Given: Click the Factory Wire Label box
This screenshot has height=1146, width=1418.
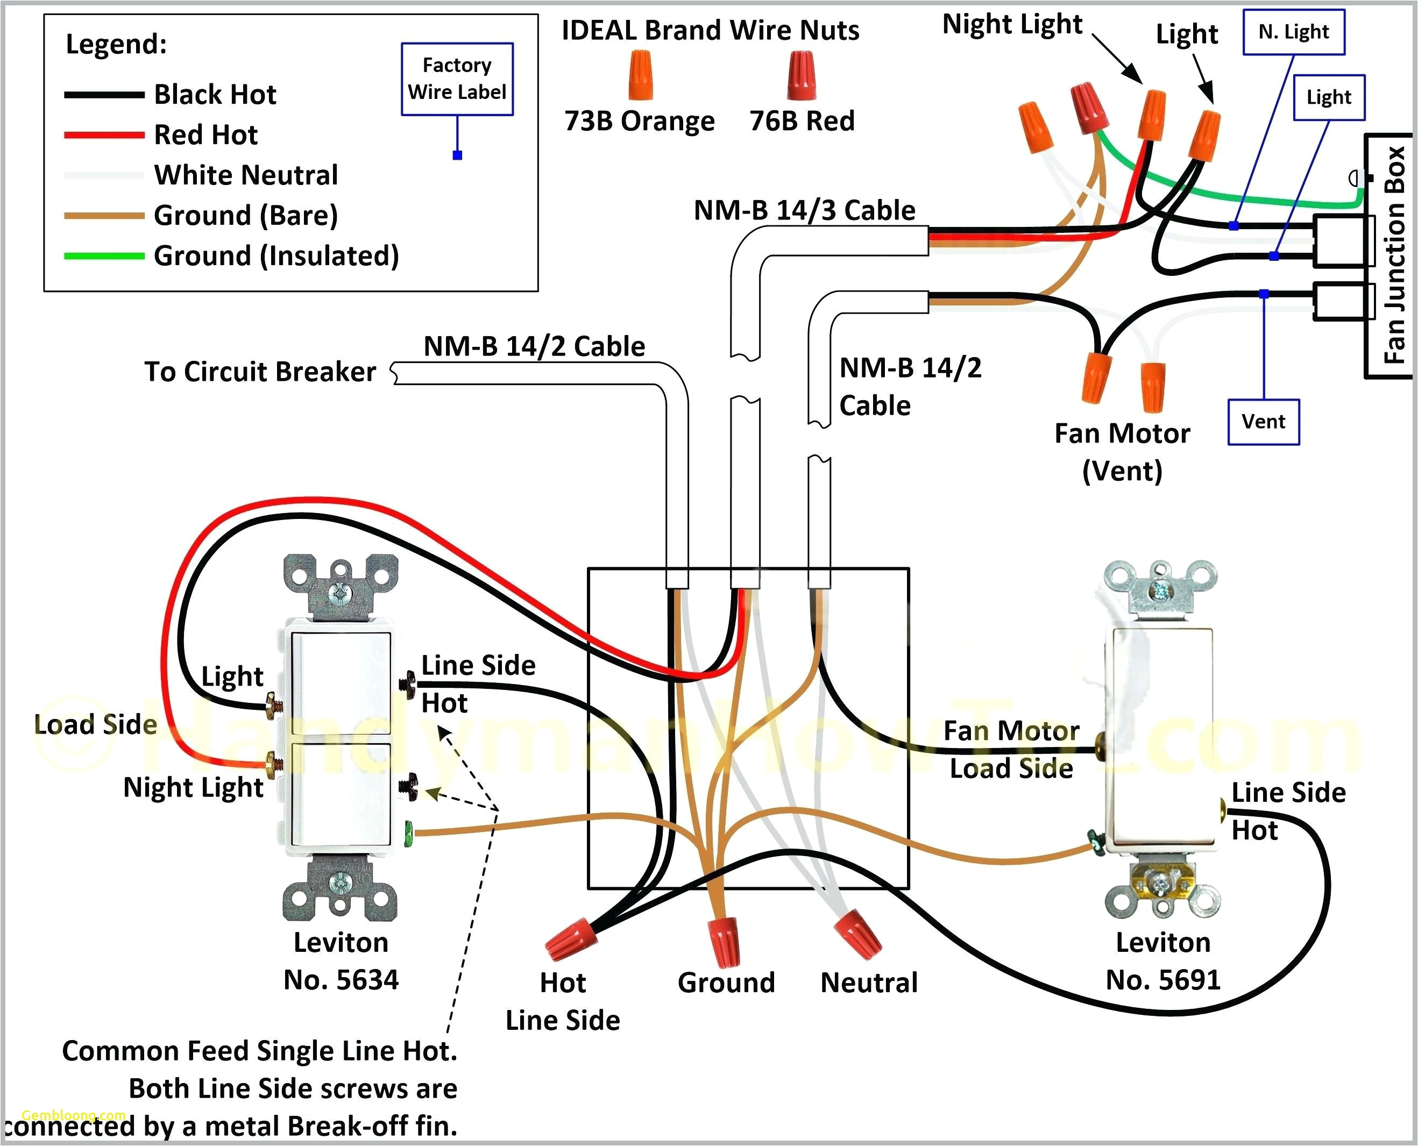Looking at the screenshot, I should point(457,79).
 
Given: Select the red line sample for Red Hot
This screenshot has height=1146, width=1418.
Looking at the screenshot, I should point(104,134).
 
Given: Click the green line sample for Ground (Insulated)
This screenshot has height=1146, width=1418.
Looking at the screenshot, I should point(104,256).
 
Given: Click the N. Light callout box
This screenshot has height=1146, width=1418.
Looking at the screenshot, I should point(1293,32).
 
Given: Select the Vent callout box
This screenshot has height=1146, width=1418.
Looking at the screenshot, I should point(1263,422).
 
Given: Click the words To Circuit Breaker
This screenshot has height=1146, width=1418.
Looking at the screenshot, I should point(260,372).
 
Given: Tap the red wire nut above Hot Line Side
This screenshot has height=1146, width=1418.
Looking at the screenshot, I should point(570,938).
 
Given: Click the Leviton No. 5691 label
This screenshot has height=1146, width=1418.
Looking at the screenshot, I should point(1162,961).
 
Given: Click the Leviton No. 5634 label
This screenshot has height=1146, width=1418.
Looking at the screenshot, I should point(341,961).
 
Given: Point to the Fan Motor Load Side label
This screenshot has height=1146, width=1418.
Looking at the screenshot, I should point(1011,750).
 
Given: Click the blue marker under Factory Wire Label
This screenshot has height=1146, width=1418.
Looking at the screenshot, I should point(457,155).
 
